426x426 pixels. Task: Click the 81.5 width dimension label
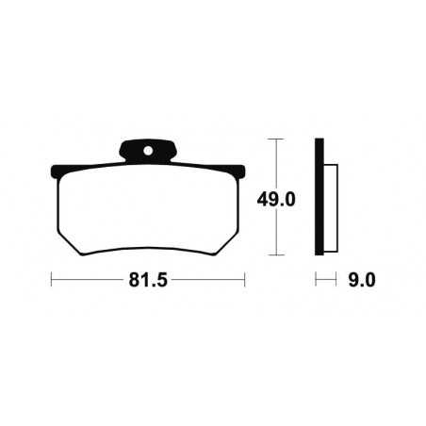point(147,280)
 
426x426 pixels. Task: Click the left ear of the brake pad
point(55,173)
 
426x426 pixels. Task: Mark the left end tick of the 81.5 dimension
point(50,280)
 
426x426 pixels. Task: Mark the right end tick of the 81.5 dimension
point(245,280)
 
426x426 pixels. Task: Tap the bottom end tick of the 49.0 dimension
point(274,255)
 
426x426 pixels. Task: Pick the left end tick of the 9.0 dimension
point(316,280)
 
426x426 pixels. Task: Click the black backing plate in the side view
point(319,198)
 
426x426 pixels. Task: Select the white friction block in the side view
point(331,209)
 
